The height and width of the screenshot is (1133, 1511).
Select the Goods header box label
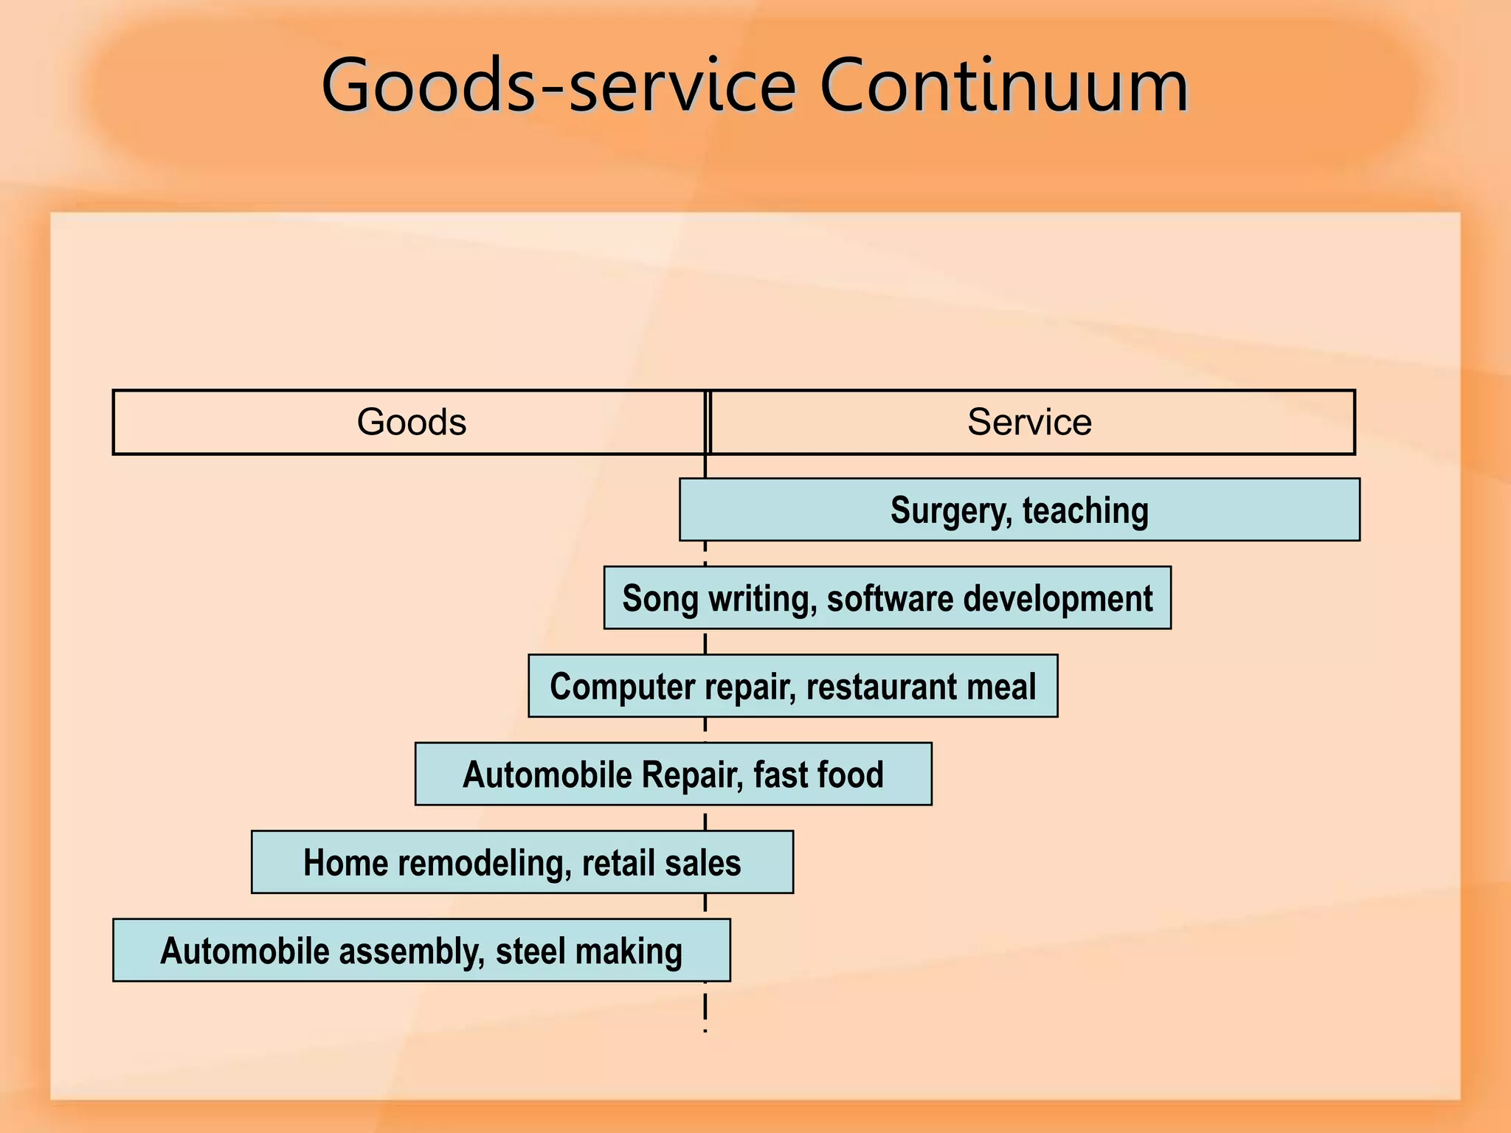click(x=412, y=422)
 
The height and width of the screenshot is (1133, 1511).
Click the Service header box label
click(x=1029, y=422)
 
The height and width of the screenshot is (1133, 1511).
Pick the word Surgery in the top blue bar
click(x=950, y=510)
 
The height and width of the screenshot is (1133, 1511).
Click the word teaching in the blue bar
click(x=1085, y=510)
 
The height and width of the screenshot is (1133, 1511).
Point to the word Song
click(x=660, y=598)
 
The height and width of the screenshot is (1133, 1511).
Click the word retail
click(x=618, y=862)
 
